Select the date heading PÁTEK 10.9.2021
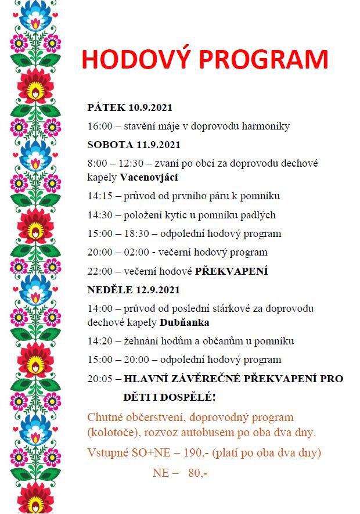tap(129, 108)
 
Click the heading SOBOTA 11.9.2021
tap(134, 145)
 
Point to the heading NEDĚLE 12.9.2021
tap(134, 290)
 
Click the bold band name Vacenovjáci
tap(149, 177)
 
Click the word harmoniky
tap(267, 126)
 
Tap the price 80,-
tap(197, 473)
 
